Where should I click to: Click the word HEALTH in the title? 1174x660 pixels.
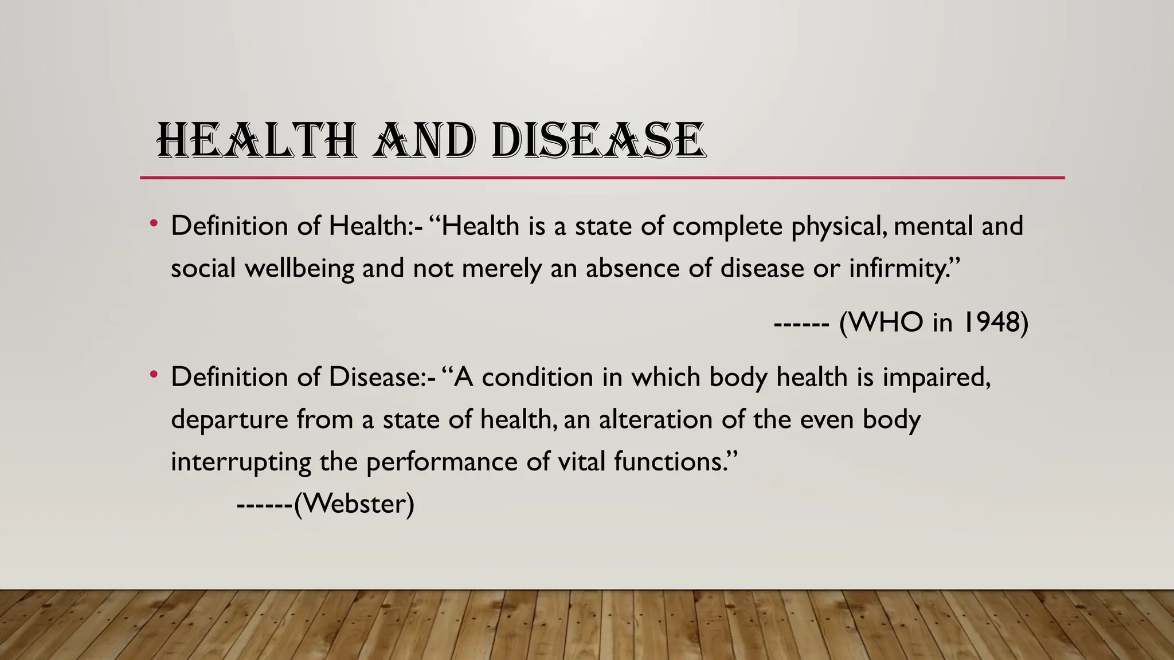pyautogui.click(x=257, y=141)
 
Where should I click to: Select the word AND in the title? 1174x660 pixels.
pyautogui.click(x=424, y=141)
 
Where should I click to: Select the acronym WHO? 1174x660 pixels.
pyautogui.click(x=885, y=323)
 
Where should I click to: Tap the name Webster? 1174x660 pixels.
pyautogui.click(x=354, y=504)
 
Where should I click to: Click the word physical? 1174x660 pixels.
pyautogui.click(x=838, y=226)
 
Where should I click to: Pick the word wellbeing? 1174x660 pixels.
pyautogui.click(x=299, y=269)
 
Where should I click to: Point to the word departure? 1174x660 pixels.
pyautogui.click(x=229, y=420)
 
